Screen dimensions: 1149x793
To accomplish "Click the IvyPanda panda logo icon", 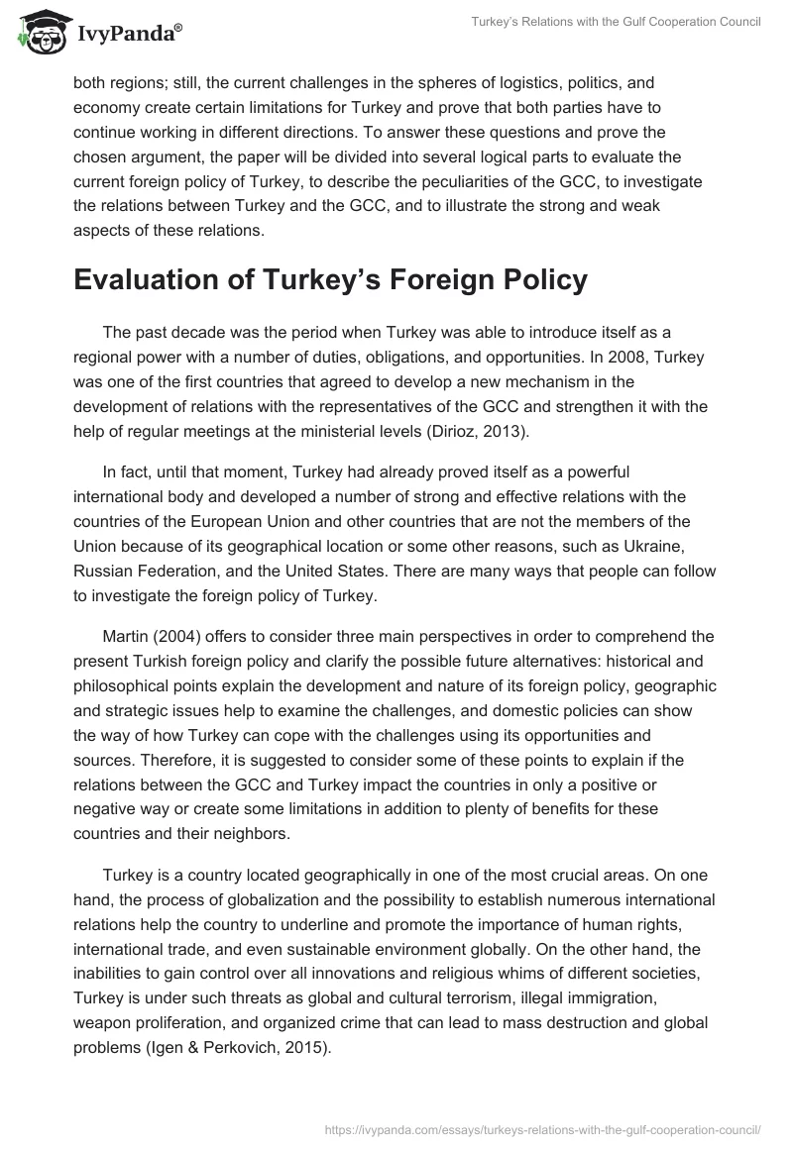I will point(39,32).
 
